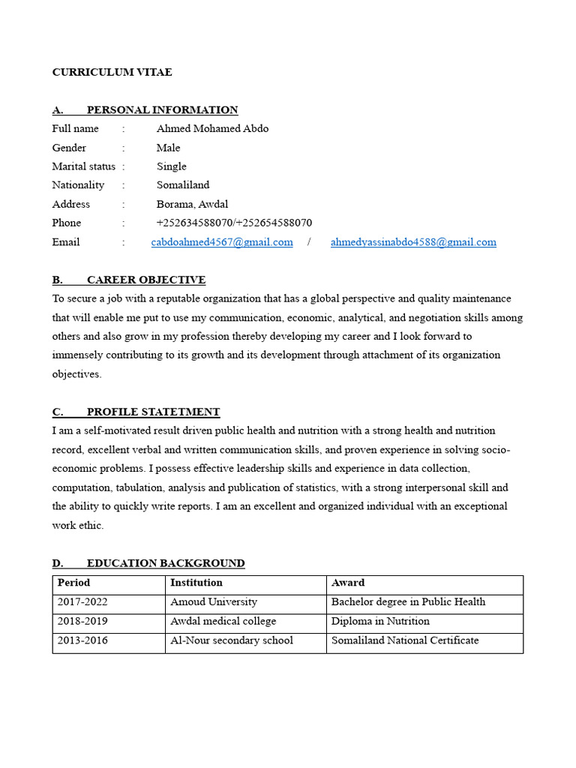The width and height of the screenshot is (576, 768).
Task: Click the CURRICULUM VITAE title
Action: point(112,72)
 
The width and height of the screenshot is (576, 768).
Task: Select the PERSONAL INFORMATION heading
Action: point(162,109)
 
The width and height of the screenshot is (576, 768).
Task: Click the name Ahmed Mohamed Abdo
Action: point(212,128)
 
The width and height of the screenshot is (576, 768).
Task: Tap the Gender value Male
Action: point(168,148)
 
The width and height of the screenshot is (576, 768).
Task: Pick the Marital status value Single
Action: point(171,166)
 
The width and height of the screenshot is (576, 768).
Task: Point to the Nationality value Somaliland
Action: point(183,184)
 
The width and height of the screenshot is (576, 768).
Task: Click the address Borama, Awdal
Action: point(192,204)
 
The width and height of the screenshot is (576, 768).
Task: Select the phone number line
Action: point(234,223)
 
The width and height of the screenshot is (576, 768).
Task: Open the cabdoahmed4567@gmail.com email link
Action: point(222,241)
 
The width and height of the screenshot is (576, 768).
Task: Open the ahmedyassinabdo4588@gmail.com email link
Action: point(413,241)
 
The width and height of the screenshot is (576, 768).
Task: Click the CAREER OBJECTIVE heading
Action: point(145,280)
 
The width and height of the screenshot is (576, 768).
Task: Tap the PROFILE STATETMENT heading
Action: point(153,412)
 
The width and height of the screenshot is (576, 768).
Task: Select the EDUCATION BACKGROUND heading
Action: point(165,562)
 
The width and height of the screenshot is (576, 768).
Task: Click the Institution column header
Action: point(196,583)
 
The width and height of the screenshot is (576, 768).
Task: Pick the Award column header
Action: point(348,583)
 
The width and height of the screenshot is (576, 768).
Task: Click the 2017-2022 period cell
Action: point(83,601)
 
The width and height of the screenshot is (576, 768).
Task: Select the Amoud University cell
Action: point(214,601)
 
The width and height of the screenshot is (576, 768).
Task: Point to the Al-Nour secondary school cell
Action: point(232,640)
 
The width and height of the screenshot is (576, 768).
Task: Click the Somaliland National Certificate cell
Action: point(405,640)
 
